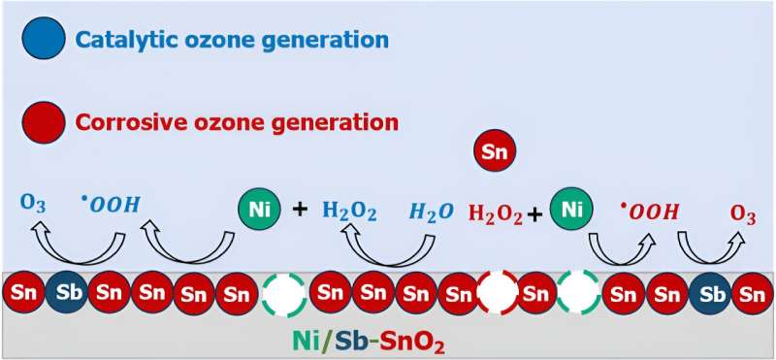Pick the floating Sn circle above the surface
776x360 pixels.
[495, 151]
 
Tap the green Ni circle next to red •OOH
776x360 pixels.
[570, 208]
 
